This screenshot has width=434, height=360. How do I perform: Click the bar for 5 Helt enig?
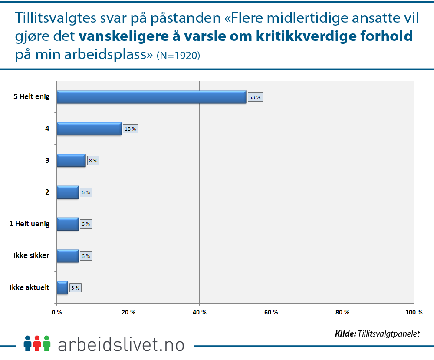tap(151, 97)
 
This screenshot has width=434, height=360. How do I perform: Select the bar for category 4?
tap(89, 129)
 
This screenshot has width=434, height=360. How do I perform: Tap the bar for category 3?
tap(71, 160)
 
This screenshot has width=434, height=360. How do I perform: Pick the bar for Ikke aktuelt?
tap(62, 287)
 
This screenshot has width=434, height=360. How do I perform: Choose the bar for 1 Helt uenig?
tap(67, 224)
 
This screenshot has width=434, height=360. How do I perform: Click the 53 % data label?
tap(255, 97)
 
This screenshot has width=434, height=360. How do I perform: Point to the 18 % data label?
tap(131, 129)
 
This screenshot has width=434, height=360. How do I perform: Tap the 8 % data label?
tap(93, 161)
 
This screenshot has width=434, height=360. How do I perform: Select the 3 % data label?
tap(75, 287)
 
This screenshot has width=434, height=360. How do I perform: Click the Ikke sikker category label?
tap(31, 255)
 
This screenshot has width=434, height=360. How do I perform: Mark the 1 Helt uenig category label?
tap(30, 224)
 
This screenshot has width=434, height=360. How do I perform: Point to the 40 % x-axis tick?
tap(199, 312)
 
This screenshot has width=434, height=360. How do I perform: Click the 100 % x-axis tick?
tap(414, 312)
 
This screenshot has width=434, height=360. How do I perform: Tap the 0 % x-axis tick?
tap(57, 312)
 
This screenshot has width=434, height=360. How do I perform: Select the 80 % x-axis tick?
tap(342, 312)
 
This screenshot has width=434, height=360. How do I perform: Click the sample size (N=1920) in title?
tap(178, 56)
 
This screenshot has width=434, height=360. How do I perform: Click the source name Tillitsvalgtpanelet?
tap(389, 334)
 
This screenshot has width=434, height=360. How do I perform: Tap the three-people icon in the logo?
tap(37, 343)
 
